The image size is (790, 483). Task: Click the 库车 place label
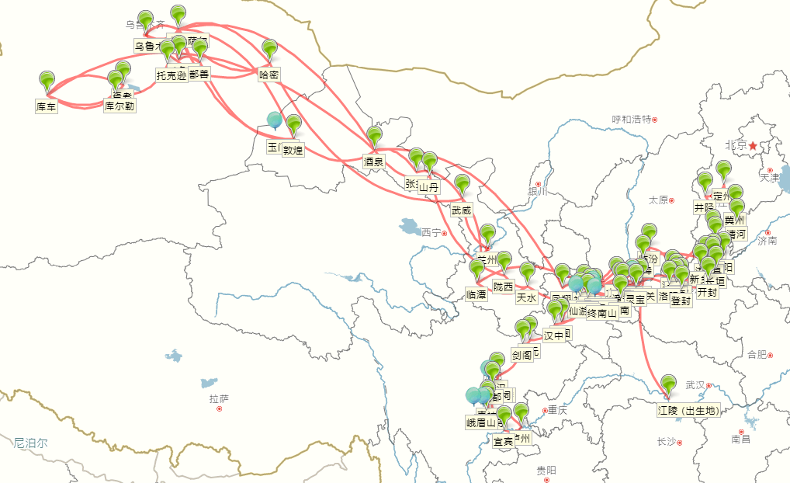(47, 106)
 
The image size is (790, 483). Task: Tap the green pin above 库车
(47, 79)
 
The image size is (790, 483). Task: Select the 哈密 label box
(269, 75)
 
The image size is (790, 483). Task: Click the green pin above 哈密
(269, 48)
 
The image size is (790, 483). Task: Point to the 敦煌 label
(293, 151)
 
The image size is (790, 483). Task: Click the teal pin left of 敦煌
(275, 120)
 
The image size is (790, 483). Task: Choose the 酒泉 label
(374, 162)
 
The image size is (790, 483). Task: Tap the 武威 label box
(461, 210)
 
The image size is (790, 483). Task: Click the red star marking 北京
(752, 146)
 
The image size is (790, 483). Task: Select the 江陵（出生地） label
(688, 411)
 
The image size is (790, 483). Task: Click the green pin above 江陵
(668, 384)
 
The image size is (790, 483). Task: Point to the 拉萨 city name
(219, 398)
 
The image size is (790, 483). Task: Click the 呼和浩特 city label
(631, 119)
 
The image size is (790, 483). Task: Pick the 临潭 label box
(476, 294)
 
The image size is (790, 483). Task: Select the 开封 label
(708, 294)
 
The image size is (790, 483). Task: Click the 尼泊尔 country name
(29, 443)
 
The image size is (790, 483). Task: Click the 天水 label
(526, 297)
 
